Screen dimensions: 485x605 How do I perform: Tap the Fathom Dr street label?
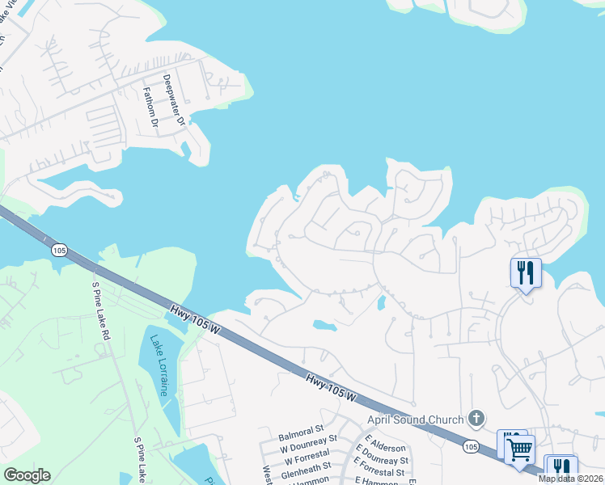[x=150, y=108]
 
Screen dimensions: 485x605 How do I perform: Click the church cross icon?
[x=477, y=419]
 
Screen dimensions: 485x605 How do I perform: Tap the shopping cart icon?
[x=520, y=448]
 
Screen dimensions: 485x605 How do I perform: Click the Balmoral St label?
[x=301, y=427]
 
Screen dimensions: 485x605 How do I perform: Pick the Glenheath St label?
[x=306, y=466]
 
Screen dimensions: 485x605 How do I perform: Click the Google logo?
[x=27, y=475]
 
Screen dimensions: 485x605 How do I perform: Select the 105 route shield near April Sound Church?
[x=471, y=445]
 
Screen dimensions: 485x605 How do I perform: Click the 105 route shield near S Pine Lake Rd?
[x=59, y=251]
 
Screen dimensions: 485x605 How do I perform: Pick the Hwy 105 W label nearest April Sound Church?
[x=332, y=387]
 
